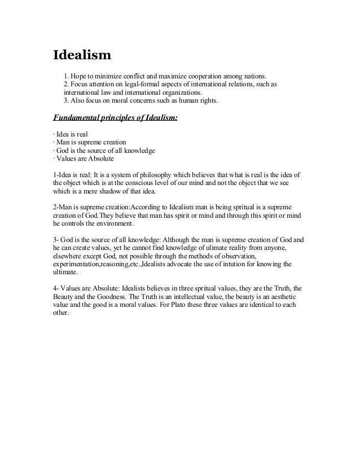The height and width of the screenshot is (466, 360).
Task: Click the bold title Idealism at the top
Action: click(82, 56)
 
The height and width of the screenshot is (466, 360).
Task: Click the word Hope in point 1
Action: click(80, 76)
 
